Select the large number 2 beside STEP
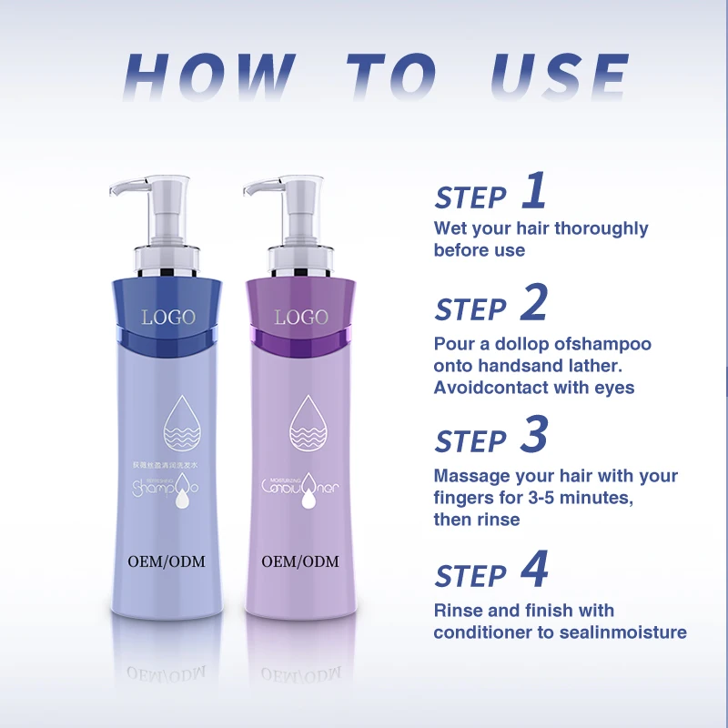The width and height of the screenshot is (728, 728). coord(534,305)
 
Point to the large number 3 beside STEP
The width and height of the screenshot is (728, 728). coord(534,437)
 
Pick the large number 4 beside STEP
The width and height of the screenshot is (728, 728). coord(534,571)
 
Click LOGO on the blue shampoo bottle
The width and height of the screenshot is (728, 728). coord(168,318)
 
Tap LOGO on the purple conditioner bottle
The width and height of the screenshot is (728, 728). coord(300,318)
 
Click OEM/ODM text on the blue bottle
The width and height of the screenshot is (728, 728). coord(168,561)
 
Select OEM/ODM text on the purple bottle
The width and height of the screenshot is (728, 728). coord(300,561)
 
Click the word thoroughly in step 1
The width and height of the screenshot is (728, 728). coord(602,228)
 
